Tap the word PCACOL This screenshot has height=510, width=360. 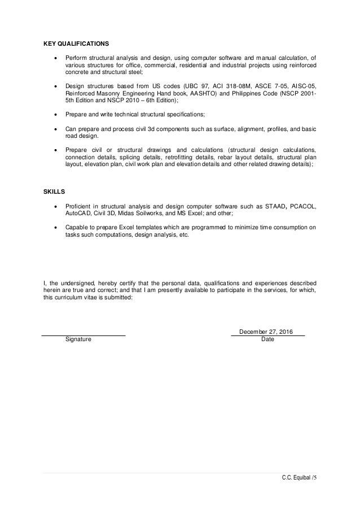302,207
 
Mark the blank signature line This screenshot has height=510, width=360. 84,336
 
